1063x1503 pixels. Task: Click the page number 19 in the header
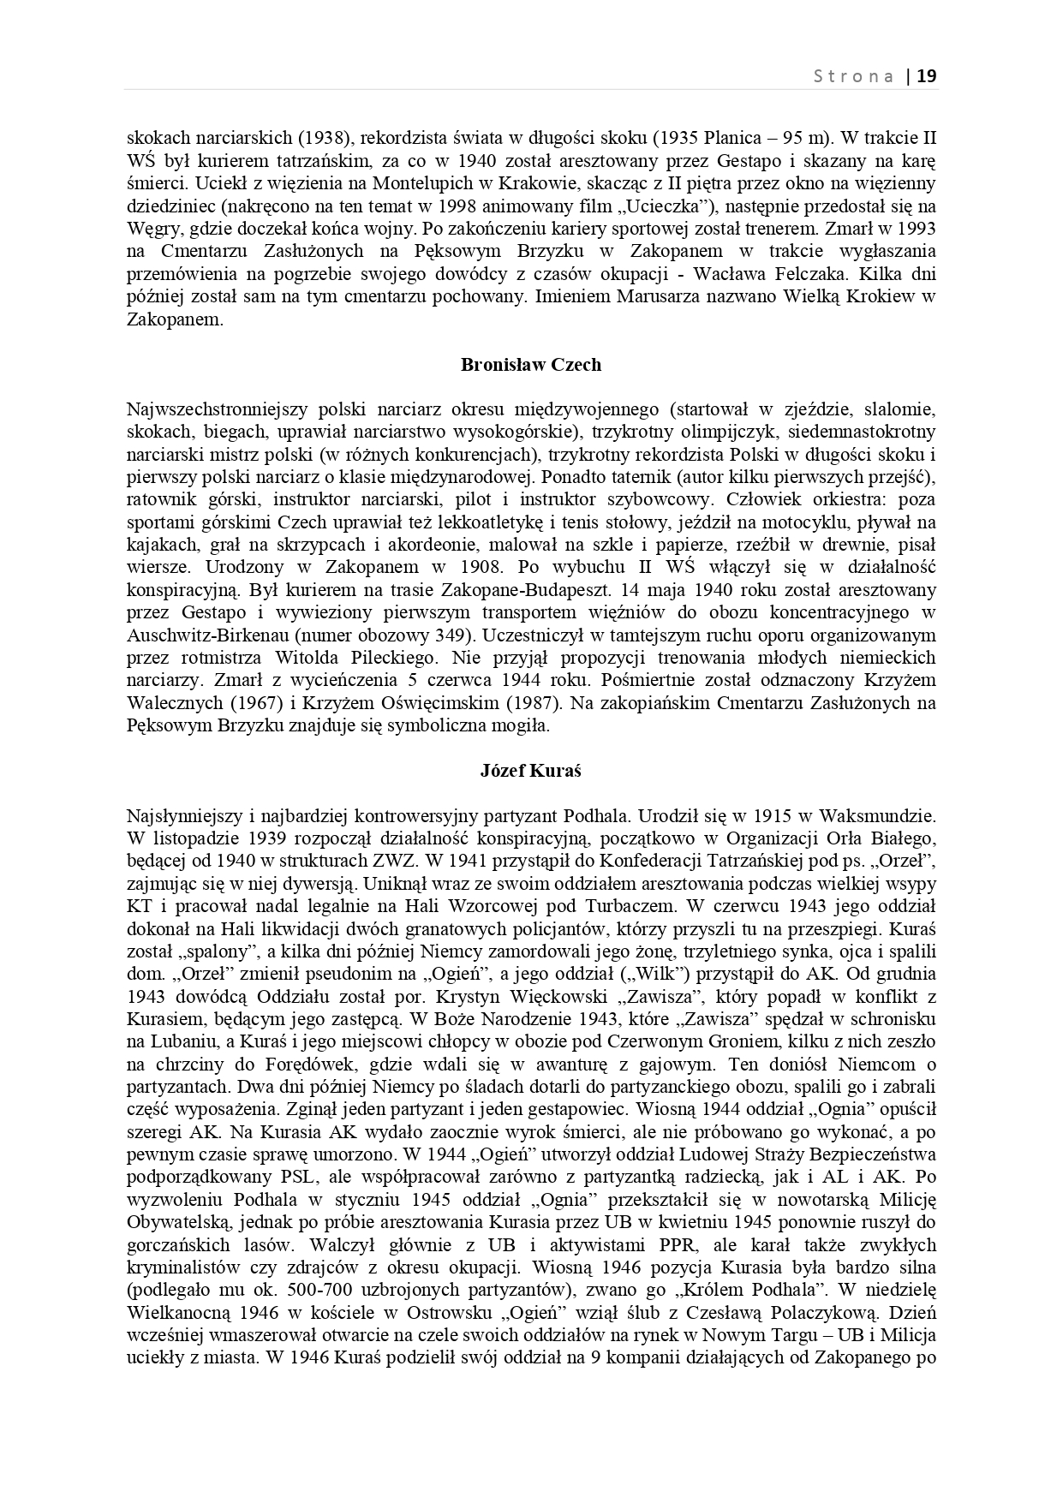(928, 76)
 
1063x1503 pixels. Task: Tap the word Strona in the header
(853, 76)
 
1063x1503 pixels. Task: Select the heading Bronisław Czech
(531, 365)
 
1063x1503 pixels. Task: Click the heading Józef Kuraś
(531, 771)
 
